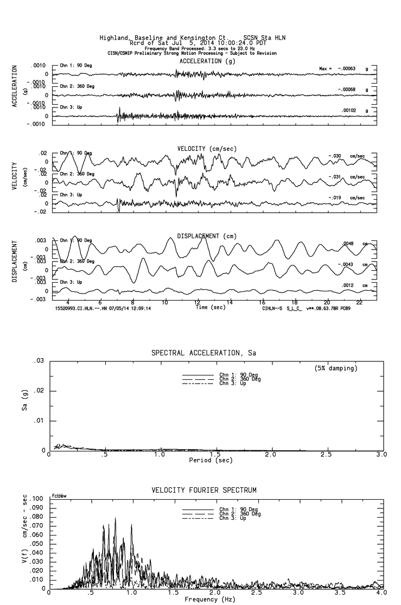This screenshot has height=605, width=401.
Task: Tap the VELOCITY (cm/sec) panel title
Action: click(207, 149)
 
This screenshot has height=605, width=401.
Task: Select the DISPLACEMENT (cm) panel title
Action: click(207, 236)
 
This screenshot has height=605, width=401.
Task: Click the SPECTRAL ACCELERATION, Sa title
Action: click(203, 353)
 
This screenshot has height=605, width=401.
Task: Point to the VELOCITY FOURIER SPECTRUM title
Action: click(203, 491)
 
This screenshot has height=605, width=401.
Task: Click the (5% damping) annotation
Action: click(336, 368)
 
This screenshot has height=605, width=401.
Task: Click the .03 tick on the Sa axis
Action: click(40, 361)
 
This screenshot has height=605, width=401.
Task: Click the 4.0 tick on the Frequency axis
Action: click(381, 594)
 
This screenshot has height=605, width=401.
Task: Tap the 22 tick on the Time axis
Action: click(359, 302)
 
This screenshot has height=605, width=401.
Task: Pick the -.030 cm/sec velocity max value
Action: click(336, 156)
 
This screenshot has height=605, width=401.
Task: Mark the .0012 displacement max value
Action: click(348, 285)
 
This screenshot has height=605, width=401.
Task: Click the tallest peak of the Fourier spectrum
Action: click(115, 519)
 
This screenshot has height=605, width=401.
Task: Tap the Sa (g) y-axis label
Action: click(23, 406)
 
